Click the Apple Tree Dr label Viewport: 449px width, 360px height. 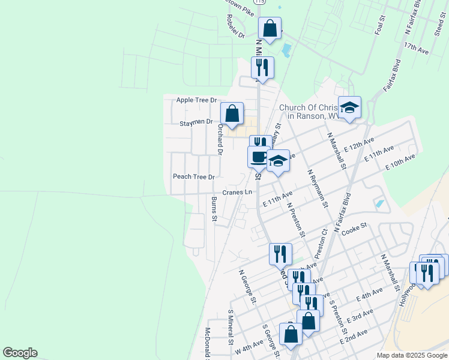point(196,100)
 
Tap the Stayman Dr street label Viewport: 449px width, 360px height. point(196,122)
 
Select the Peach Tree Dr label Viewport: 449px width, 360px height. point(193,177)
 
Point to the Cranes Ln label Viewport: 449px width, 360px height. point(237,193)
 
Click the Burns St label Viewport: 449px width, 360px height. point(214,209)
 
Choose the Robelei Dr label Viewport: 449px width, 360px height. point(233,28)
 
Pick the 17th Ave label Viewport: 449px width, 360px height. point(416,49)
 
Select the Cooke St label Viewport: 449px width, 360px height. point(354,229)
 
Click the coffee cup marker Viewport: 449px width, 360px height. point(259,157)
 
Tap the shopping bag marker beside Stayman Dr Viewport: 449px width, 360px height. point(232,113)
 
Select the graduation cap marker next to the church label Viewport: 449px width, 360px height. point(349,107)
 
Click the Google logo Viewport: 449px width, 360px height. point(20,353)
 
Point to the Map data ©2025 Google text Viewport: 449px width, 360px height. point(411,355)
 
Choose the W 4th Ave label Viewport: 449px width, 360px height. point(250,347)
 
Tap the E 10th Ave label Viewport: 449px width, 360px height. point(400,162)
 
